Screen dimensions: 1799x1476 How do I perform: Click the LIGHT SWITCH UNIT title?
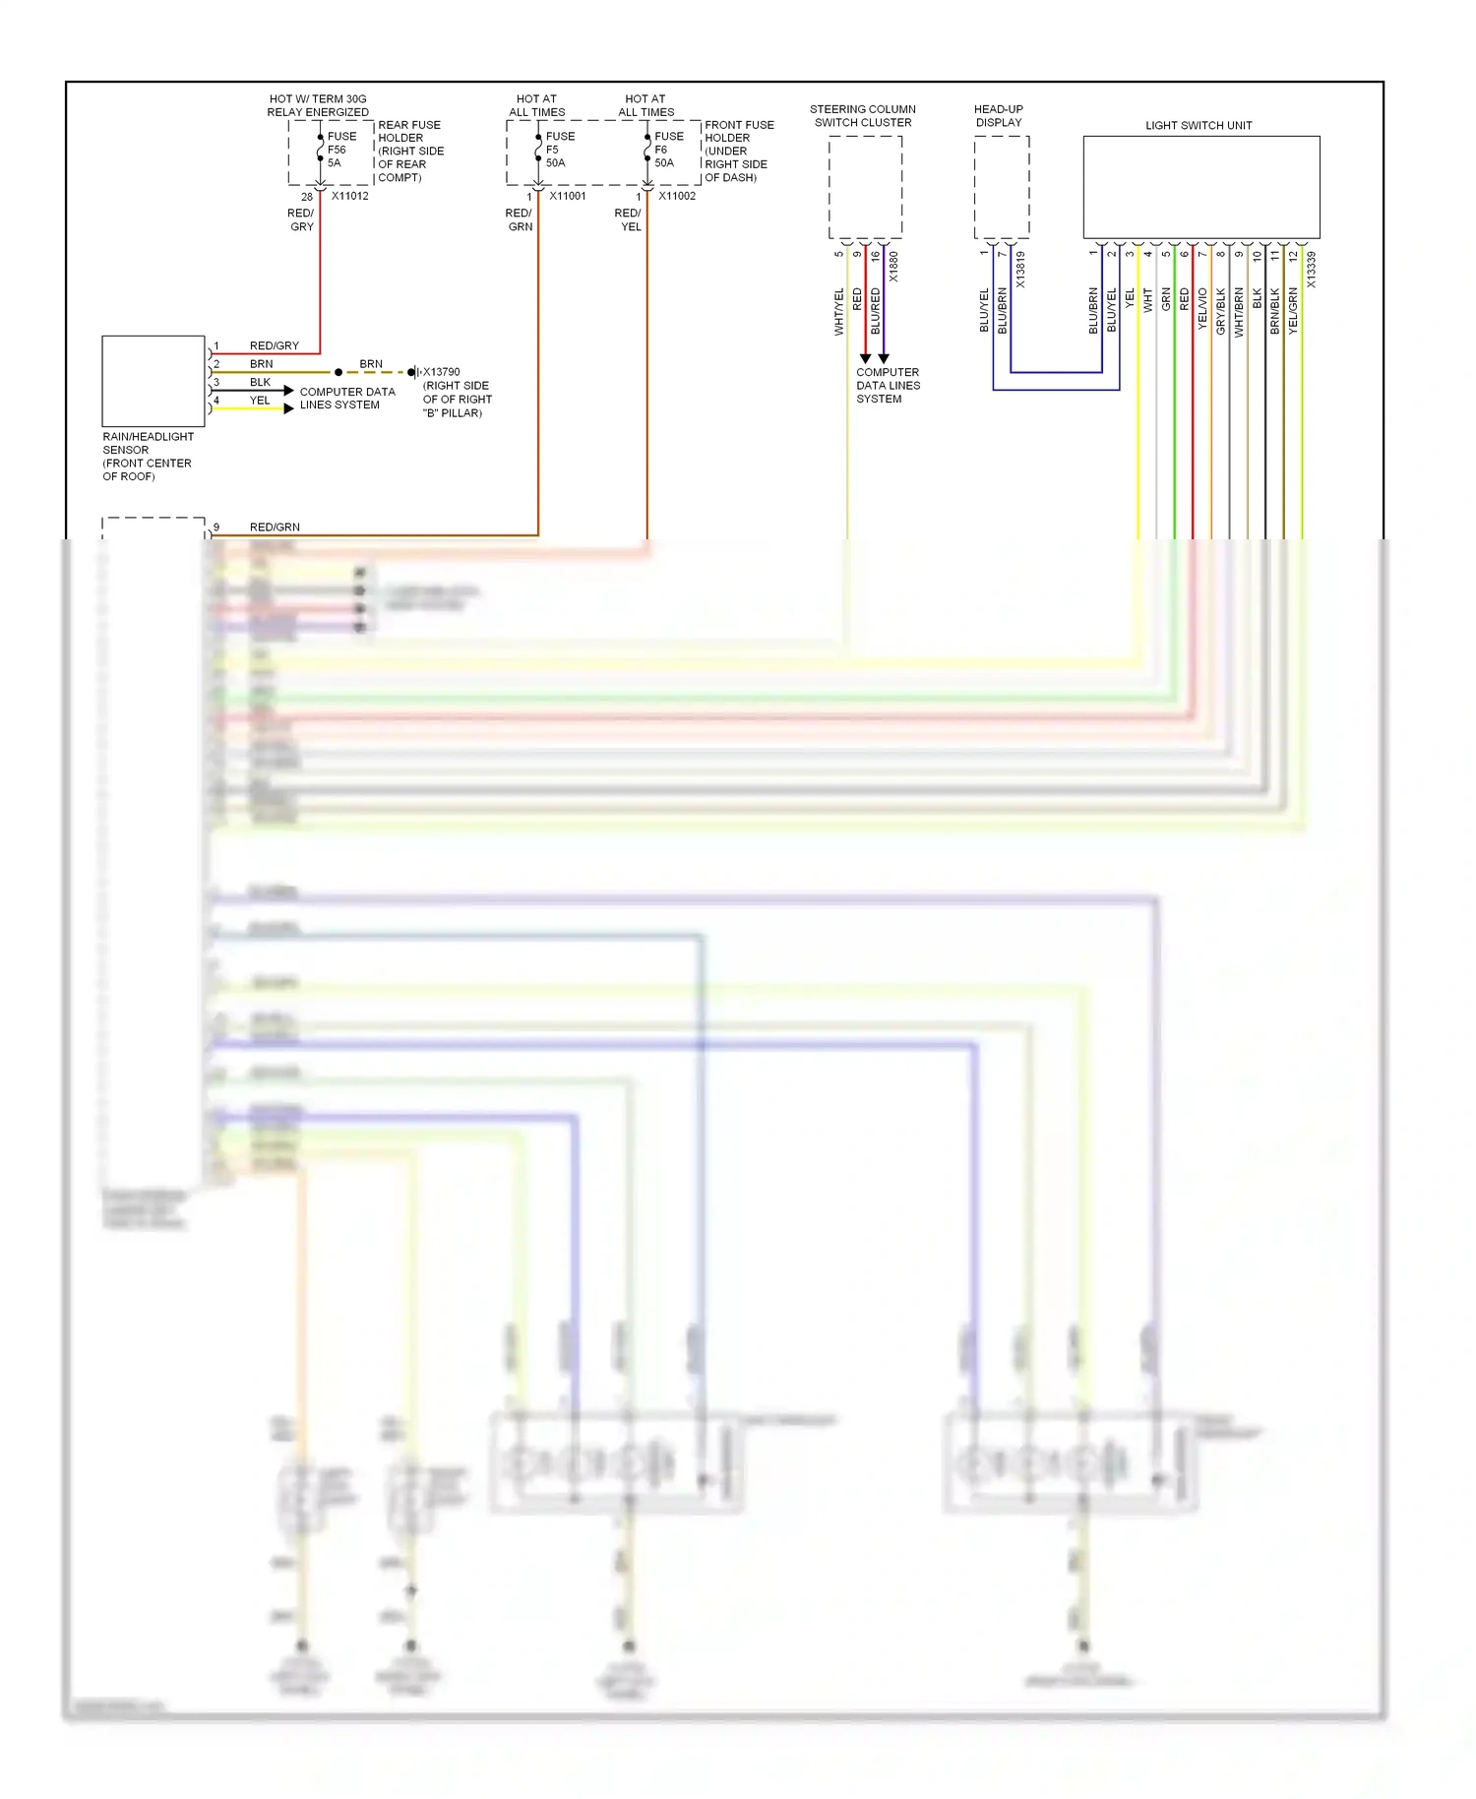[1198, 125]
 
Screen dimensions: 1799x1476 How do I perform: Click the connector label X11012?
[349, 196]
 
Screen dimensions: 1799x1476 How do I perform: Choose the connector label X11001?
[568, 196]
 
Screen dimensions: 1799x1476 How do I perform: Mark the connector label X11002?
[677, 196]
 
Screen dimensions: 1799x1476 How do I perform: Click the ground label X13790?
[441, 372]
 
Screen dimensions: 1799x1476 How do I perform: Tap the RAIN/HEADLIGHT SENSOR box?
[154, 382]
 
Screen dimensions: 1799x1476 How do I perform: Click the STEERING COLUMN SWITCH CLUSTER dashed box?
[865, 187]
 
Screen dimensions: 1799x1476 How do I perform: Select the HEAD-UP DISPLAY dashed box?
[1001, 187]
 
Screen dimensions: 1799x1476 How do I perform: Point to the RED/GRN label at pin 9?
[275, 527]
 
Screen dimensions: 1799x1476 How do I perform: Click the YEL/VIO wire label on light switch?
[1202, 307]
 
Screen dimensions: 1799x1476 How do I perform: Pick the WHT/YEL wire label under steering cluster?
[839, 311]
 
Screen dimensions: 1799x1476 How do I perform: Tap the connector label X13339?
[1311, 270]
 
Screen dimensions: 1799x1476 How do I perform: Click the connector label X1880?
[893, 267]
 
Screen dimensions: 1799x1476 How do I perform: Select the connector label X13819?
[1020, 270]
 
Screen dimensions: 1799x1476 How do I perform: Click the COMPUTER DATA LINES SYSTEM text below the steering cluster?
[888, 386]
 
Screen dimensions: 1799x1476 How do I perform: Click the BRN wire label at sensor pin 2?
[261, 364]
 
